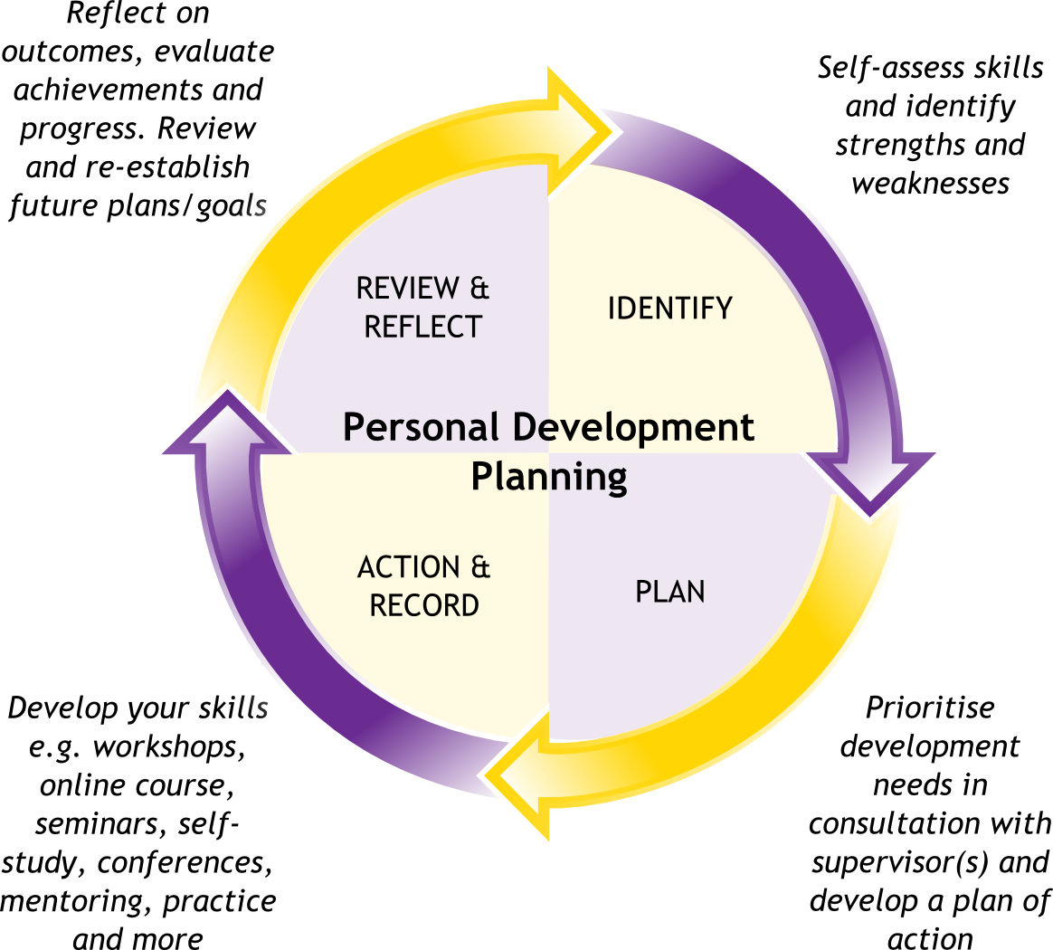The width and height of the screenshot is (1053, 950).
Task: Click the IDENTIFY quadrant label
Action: [669, 309]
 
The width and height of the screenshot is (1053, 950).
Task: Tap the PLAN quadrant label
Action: [669, 592]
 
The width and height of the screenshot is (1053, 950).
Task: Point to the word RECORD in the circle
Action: [424, 604]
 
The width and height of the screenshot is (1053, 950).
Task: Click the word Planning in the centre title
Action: [549, 476]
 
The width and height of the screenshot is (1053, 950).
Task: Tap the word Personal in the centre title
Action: [421, 427]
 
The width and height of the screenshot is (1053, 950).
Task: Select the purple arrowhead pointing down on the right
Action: [869, 479]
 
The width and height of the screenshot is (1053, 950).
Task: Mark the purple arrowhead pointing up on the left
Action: [225, 429]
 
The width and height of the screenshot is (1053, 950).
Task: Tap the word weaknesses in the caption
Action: [930, 183]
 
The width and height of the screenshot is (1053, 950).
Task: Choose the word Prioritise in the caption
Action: [930, 707]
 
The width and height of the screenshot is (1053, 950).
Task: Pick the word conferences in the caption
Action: [185, 862]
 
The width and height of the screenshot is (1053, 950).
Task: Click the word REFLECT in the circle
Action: [422, 327]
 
